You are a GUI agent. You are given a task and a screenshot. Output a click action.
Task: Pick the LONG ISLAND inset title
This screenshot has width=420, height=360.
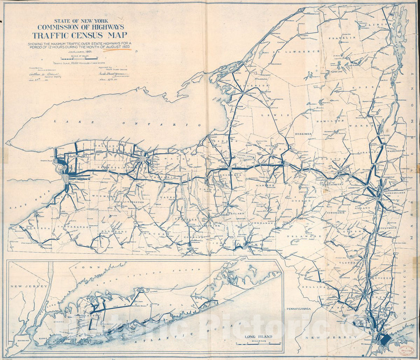coord(258,337)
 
